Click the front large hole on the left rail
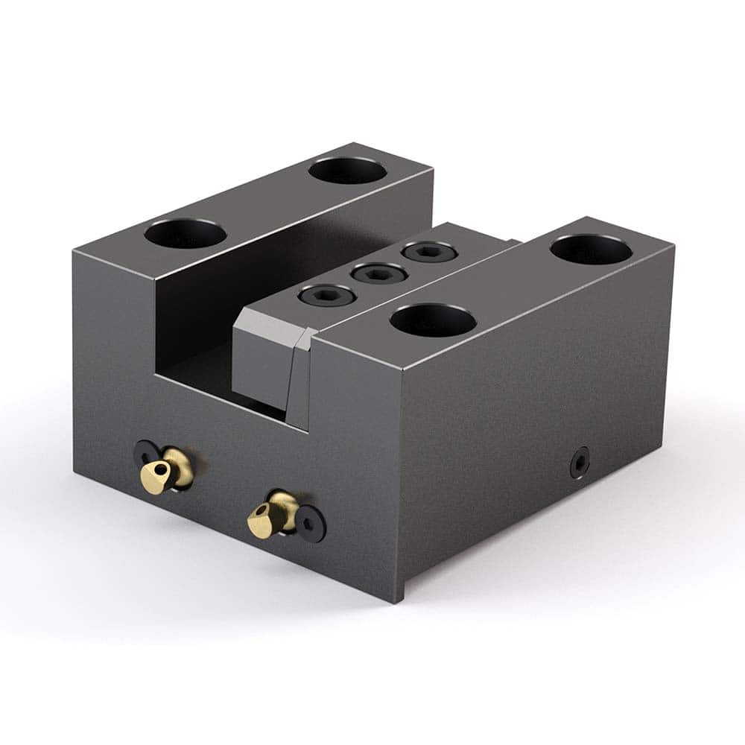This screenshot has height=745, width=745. (x=186, y=234)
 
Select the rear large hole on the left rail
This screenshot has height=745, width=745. (x=347, y=171)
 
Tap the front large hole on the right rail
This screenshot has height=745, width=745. (x=433, y=320)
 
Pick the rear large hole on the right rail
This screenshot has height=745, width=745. (x=591, y=250)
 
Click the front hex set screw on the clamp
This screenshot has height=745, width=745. (x=316, y=295)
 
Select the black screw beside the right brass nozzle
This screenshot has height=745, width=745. (x=312, y=528)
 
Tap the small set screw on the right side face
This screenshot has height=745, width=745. (x=580, y=463)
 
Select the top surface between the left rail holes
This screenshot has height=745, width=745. (x=268, y=201)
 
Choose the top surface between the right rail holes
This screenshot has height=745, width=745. (x=514, y=283)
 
